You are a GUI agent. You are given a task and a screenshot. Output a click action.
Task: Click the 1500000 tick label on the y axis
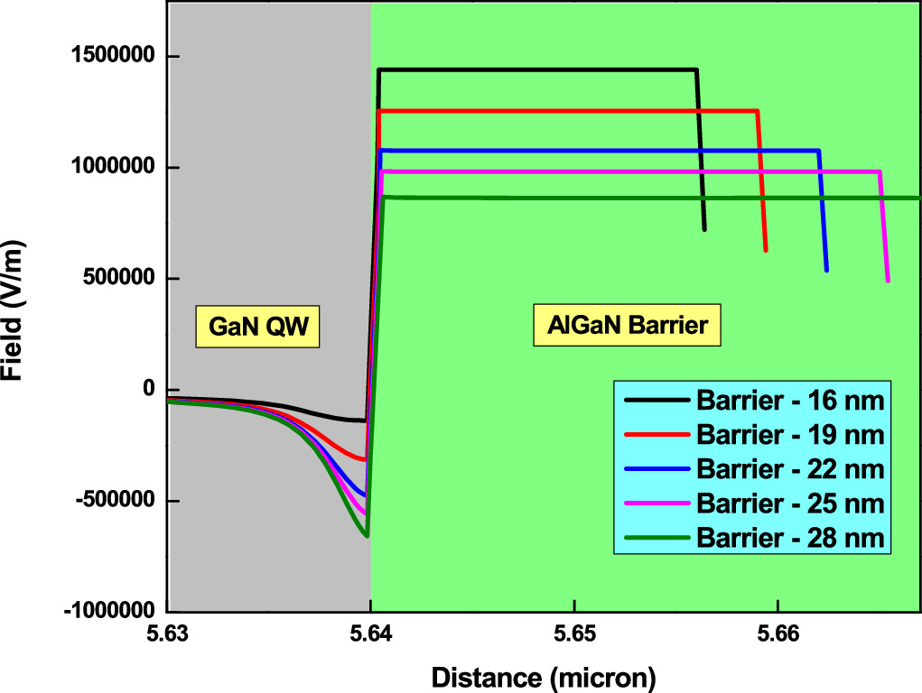click(x=113, y=58)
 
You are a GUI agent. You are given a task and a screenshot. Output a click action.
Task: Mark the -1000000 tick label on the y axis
click(x=109, y=612)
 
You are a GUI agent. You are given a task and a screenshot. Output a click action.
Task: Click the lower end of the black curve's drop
click(x=704, y=230)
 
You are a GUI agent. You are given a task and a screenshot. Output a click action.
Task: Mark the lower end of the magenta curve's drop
click(x=888, y=281)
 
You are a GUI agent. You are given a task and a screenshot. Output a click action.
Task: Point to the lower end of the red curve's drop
click(x=766, y=250)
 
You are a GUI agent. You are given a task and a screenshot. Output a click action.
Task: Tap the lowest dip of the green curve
click(x=367, y=536)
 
